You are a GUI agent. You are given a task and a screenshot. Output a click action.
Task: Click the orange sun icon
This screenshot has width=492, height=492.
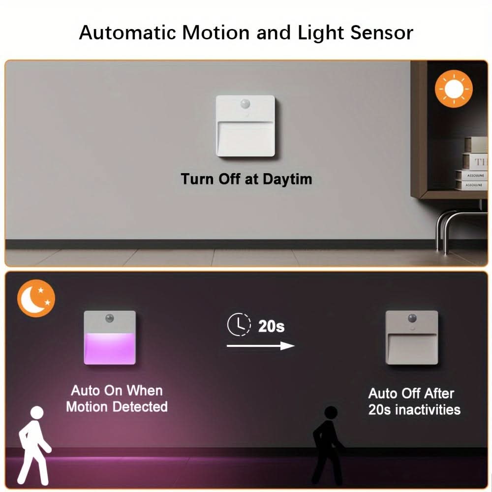click(454, 89)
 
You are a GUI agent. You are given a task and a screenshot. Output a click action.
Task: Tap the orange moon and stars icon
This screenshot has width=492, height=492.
click(36, 298)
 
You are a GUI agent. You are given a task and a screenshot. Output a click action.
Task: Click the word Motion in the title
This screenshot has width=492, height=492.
click(216, 32)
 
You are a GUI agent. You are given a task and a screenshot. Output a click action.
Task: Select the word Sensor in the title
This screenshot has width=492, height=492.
click(382, 32)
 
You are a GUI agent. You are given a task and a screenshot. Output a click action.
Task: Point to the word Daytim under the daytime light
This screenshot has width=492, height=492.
click(287, 180)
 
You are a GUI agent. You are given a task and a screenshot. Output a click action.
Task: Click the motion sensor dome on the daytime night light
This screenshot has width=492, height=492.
click(245, 103)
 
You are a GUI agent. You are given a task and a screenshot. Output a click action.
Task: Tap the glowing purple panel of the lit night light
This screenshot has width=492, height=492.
click(110, 348)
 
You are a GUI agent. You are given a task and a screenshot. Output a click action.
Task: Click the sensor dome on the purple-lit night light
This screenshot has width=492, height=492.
click(110, 318)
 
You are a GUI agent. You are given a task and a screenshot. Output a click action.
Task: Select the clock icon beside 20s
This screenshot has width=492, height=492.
click(239, 324)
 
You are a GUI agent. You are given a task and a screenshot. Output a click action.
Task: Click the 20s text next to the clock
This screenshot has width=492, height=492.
click(272, 326)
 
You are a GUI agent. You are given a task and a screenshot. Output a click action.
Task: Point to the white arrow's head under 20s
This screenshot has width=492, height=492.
click(287, 346)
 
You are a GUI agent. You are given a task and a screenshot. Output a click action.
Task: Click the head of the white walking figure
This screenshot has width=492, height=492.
click(37, 412)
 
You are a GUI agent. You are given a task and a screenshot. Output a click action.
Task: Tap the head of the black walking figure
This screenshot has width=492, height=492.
click(331, 412)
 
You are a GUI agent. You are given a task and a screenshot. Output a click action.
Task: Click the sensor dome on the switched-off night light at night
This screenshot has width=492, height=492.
click(412, 318)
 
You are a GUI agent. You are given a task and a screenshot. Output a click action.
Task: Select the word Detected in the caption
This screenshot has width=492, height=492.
click(140, 407)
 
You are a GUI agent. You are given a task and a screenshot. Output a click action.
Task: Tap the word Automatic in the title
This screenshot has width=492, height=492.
click(127, 32)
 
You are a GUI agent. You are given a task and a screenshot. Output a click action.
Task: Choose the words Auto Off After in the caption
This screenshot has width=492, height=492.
click(411, 394)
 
